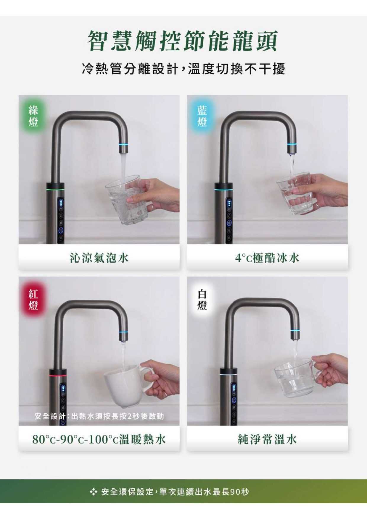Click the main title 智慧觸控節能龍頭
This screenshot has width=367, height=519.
183,41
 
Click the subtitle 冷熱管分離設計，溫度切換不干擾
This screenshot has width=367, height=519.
183,69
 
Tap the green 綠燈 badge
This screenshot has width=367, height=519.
33,116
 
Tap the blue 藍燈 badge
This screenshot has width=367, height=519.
202,116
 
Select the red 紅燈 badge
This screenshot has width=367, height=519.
33,300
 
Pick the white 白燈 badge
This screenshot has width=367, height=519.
202,300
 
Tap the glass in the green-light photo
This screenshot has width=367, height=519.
126,200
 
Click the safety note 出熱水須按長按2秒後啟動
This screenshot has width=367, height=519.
117,416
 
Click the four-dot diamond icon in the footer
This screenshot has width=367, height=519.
94,492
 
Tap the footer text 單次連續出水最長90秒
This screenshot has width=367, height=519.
204,492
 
